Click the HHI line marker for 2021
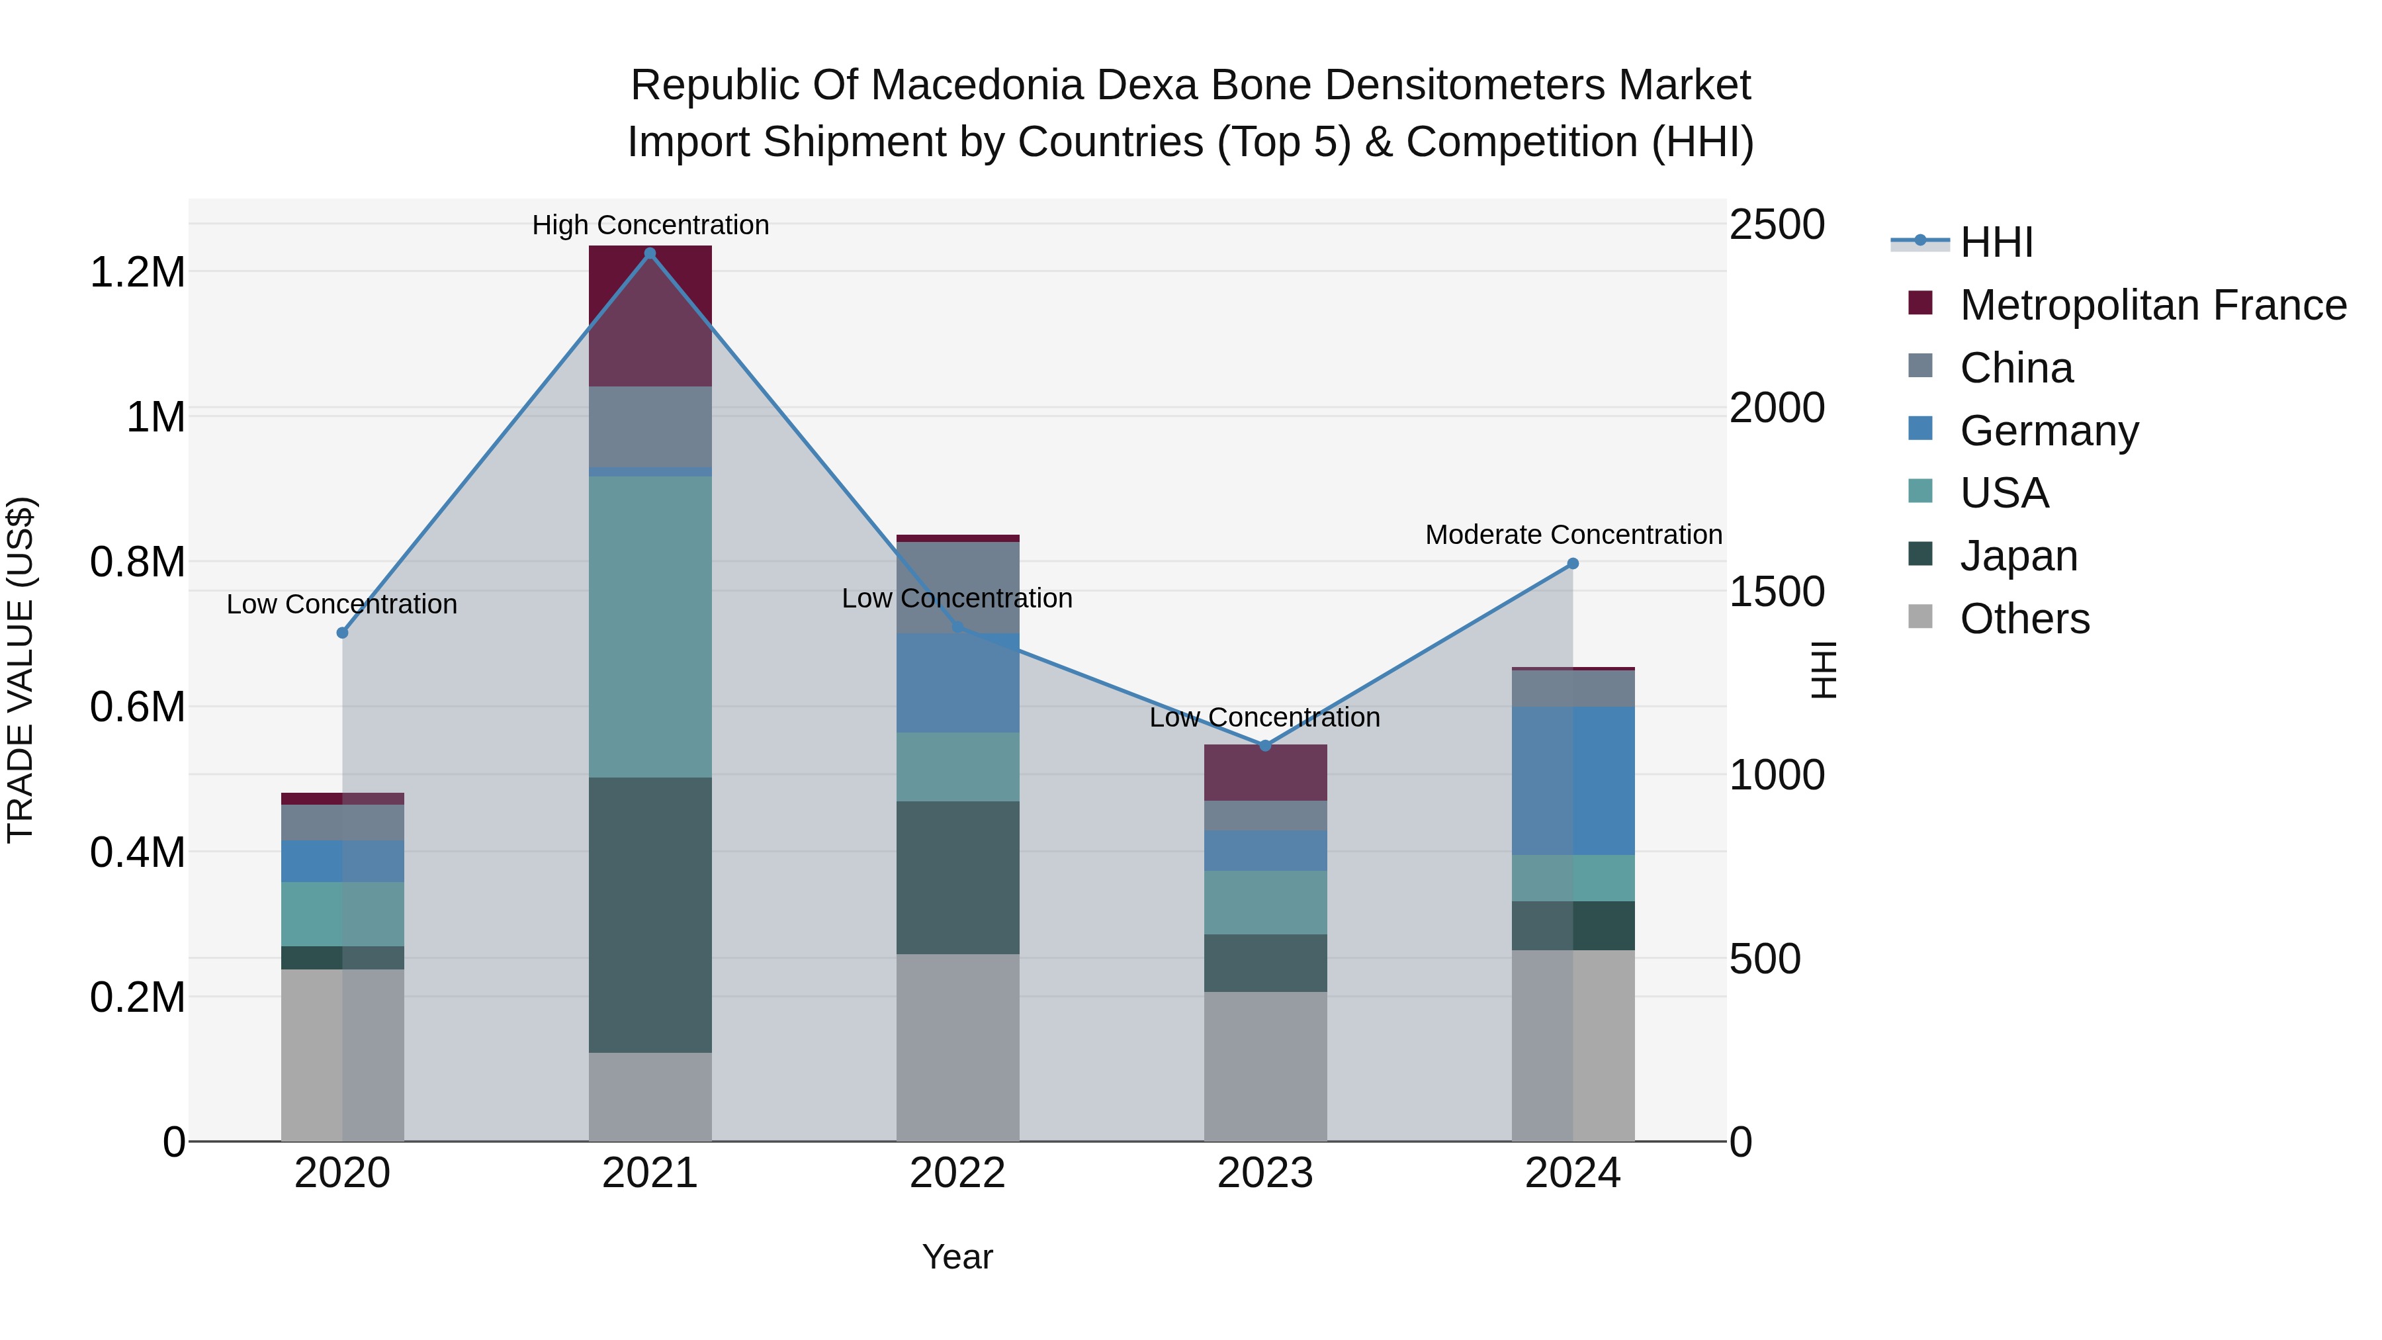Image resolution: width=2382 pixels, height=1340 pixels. pos(649,253)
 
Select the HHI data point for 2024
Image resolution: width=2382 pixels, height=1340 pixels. pos(1572,563)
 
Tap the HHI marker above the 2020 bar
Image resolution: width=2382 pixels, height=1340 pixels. pos(342,633)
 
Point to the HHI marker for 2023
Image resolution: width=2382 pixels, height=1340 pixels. pos(1265,745)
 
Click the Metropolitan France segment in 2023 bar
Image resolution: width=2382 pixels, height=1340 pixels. pos(1265,772)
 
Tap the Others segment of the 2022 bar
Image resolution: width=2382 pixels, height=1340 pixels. pos(957,1047)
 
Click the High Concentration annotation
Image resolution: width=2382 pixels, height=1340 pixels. pos(649,225)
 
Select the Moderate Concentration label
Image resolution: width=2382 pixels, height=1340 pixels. pos(1572,535)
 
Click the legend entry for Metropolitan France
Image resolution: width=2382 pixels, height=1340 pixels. pos(2152,305)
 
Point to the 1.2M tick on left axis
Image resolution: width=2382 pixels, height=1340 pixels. pos(137,273)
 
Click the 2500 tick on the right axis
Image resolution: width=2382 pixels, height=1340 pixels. pos(1777,225)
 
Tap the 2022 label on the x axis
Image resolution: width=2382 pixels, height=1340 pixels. pos(957,1173)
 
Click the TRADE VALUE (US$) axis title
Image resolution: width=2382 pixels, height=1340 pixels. pos(21,670)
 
